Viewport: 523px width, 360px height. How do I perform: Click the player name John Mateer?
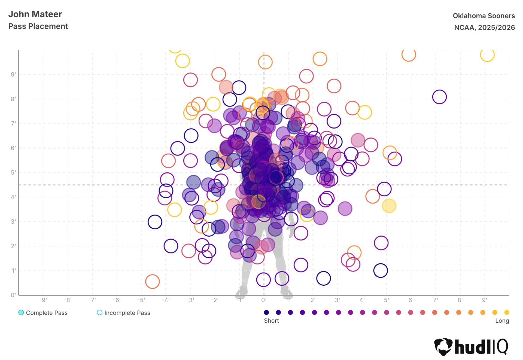click(x=35, y=14)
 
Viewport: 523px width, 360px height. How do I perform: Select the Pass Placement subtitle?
click(x=38, y=26)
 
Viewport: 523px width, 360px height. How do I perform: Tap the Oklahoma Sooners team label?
click(x=484, y=16)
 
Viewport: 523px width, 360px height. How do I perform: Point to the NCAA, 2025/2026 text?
click(x=484, y=28)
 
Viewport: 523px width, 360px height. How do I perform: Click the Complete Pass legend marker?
click(x=21, y=312)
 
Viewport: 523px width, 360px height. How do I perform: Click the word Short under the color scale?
click(x=271, y=321)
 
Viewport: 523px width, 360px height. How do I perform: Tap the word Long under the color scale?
click(x=502, y=321)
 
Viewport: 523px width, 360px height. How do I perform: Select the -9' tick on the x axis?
click(x=43, y=300)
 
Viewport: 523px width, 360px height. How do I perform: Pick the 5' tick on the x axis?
click(x=387, y=300)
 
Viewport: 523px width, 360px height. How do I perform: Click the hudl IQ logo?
click(x=471, y=346)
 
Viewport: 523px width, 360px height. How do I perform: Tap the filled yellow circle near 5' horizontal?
click(x=389, y=206)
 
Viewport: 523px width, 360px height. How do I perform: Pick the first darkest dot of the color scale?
click(x=266, y=312)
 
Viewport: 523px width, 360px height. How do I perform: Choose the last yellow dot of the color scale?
click(x=507, y=312)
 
